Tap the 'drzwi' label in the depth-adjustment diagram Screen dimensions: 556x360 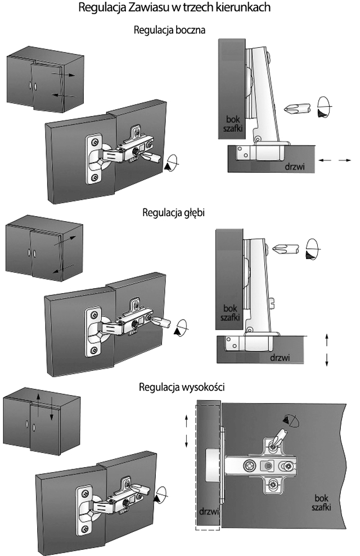280,357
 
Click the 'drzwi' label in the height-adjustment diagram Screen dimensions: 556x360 208,512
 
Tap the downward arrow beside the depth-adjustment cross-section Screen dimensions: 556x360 327,360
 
